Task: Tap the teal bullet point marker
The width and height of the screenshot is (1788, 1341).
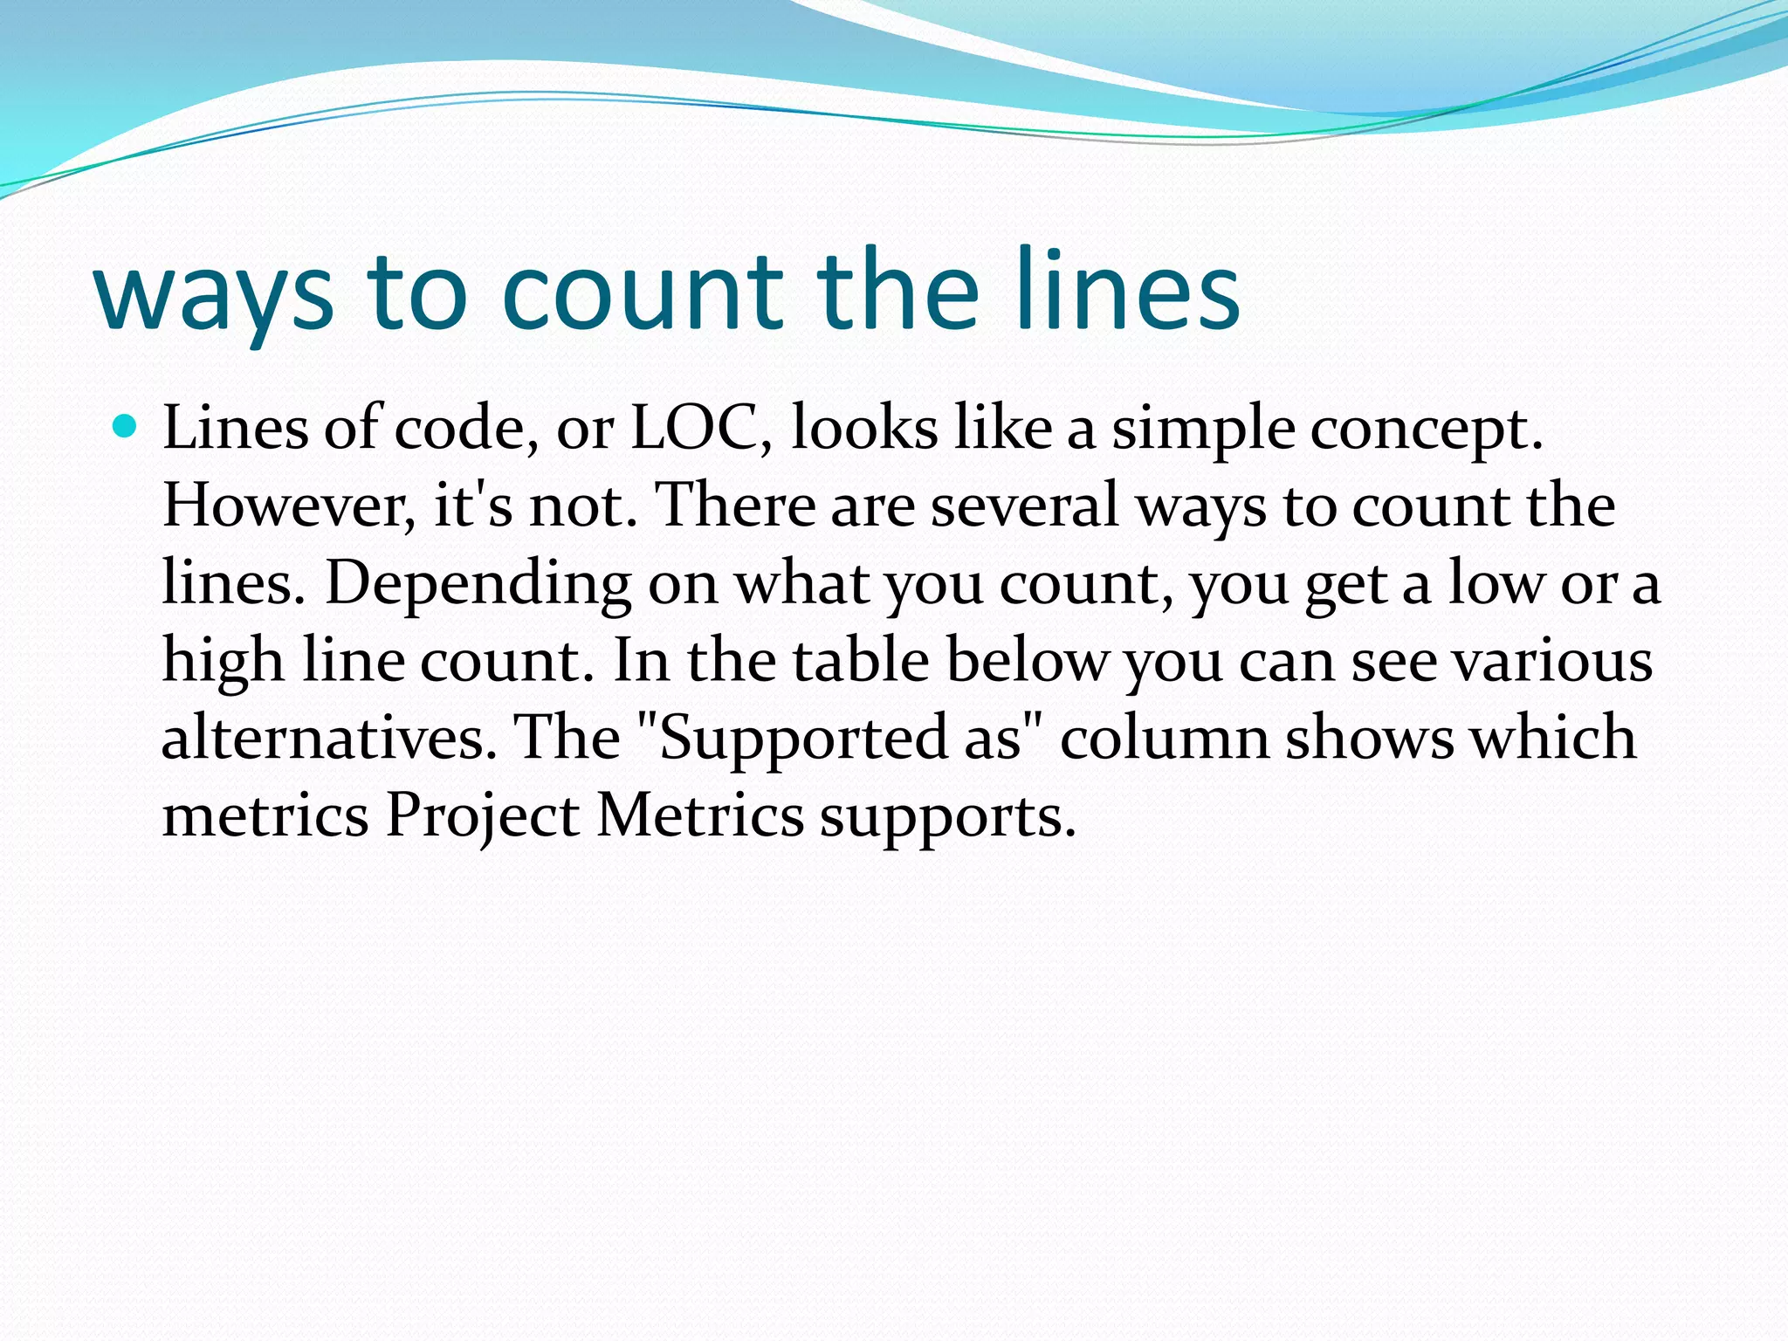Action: coord(126,427)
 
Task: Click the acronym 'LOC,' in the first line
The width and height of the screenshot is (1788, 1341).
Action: coord(701,429)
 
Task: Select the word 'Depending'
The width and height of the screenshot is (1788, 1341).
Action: coord(478,584)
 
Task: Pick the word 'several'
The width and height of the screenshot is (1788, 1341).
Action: coord(1024,505)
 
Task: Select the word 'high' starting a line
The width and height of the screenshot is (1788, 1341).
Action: coord(223,660)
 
